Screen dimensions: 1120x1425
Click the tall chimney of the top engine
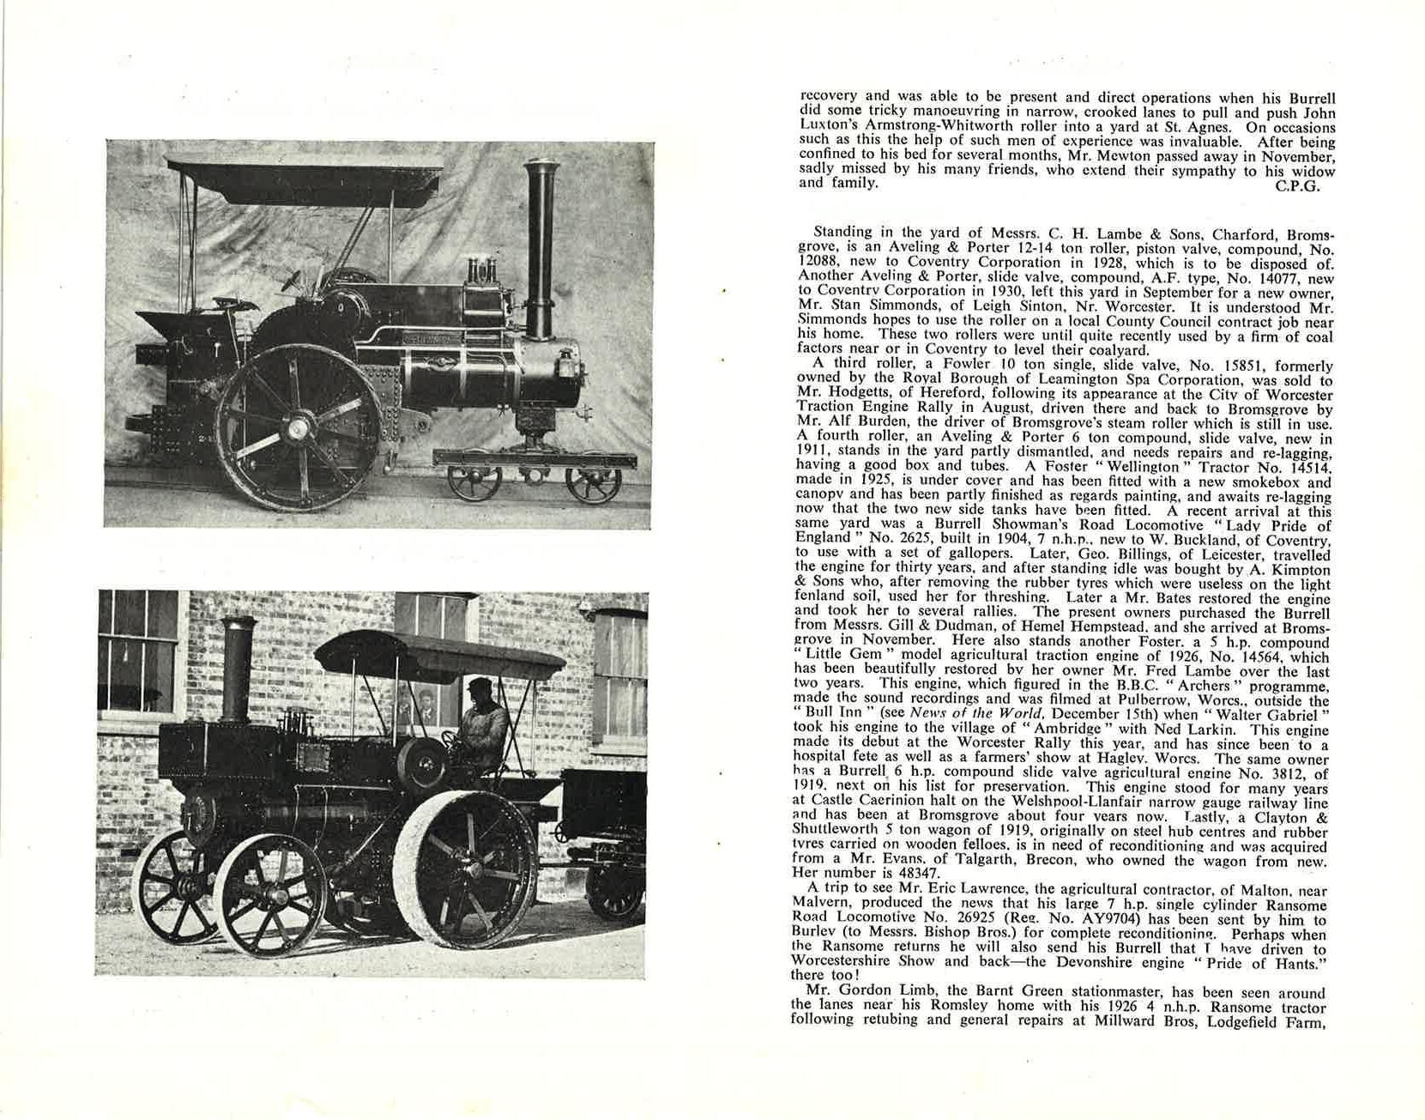(x=540, y=249)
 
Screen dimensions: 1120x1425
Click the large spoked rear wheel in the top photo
(x=299, y=427)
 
